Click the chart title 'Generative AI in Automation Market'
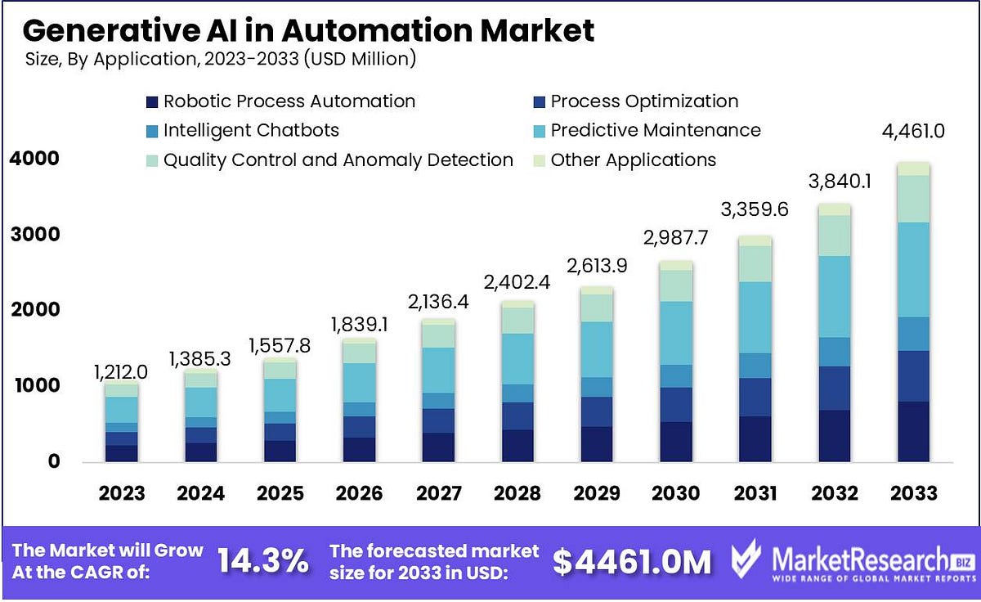(x=308, y=30)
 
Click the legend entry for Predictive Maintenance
(x=655, y=130)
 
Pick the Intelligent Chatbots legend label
(x=251, y=130)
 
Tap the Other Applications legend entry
(x=633, y=159)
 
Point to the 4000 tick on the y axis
(x=34, y=159)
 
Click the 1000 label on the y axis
(x=34, y=385)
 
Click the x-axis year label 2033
(x=913, y=493)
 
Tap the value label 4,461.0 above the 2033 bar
(x=913, y=130)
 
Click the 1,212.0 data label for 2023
(x=121, y=372)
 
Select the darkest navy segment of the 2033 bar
(x=913, y=432)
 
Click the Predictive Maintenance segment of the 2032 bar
(x=834, y=296)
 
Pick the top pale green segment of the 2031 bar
(x=755, y=240)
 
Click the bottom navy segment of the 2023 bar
(x=121, y=453)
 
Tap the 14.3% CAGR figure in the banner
(x=262, y=561)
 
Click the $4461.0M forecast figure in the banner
(x=632, y=561)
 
